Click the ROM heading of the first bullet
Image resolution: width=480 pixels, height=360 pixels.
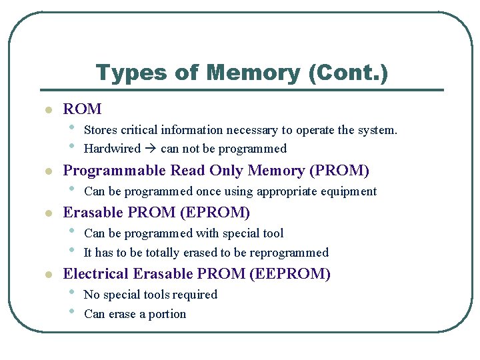click(x=82, y=109)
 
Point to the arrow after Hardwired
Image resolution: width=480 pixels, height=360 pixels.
click(x=151, y=149)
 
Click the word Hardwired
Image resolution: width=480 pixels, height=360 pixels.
click(x=112, y=149)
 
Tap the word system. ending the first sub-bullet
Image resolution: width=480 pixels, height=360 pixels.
click(x=375, y=129)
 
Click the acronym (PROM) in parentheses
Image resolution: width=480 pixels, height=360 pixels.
click(x=339, y=171)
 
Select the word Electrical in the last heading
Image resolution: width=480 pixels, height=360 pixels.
click(x=97, y=274)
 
